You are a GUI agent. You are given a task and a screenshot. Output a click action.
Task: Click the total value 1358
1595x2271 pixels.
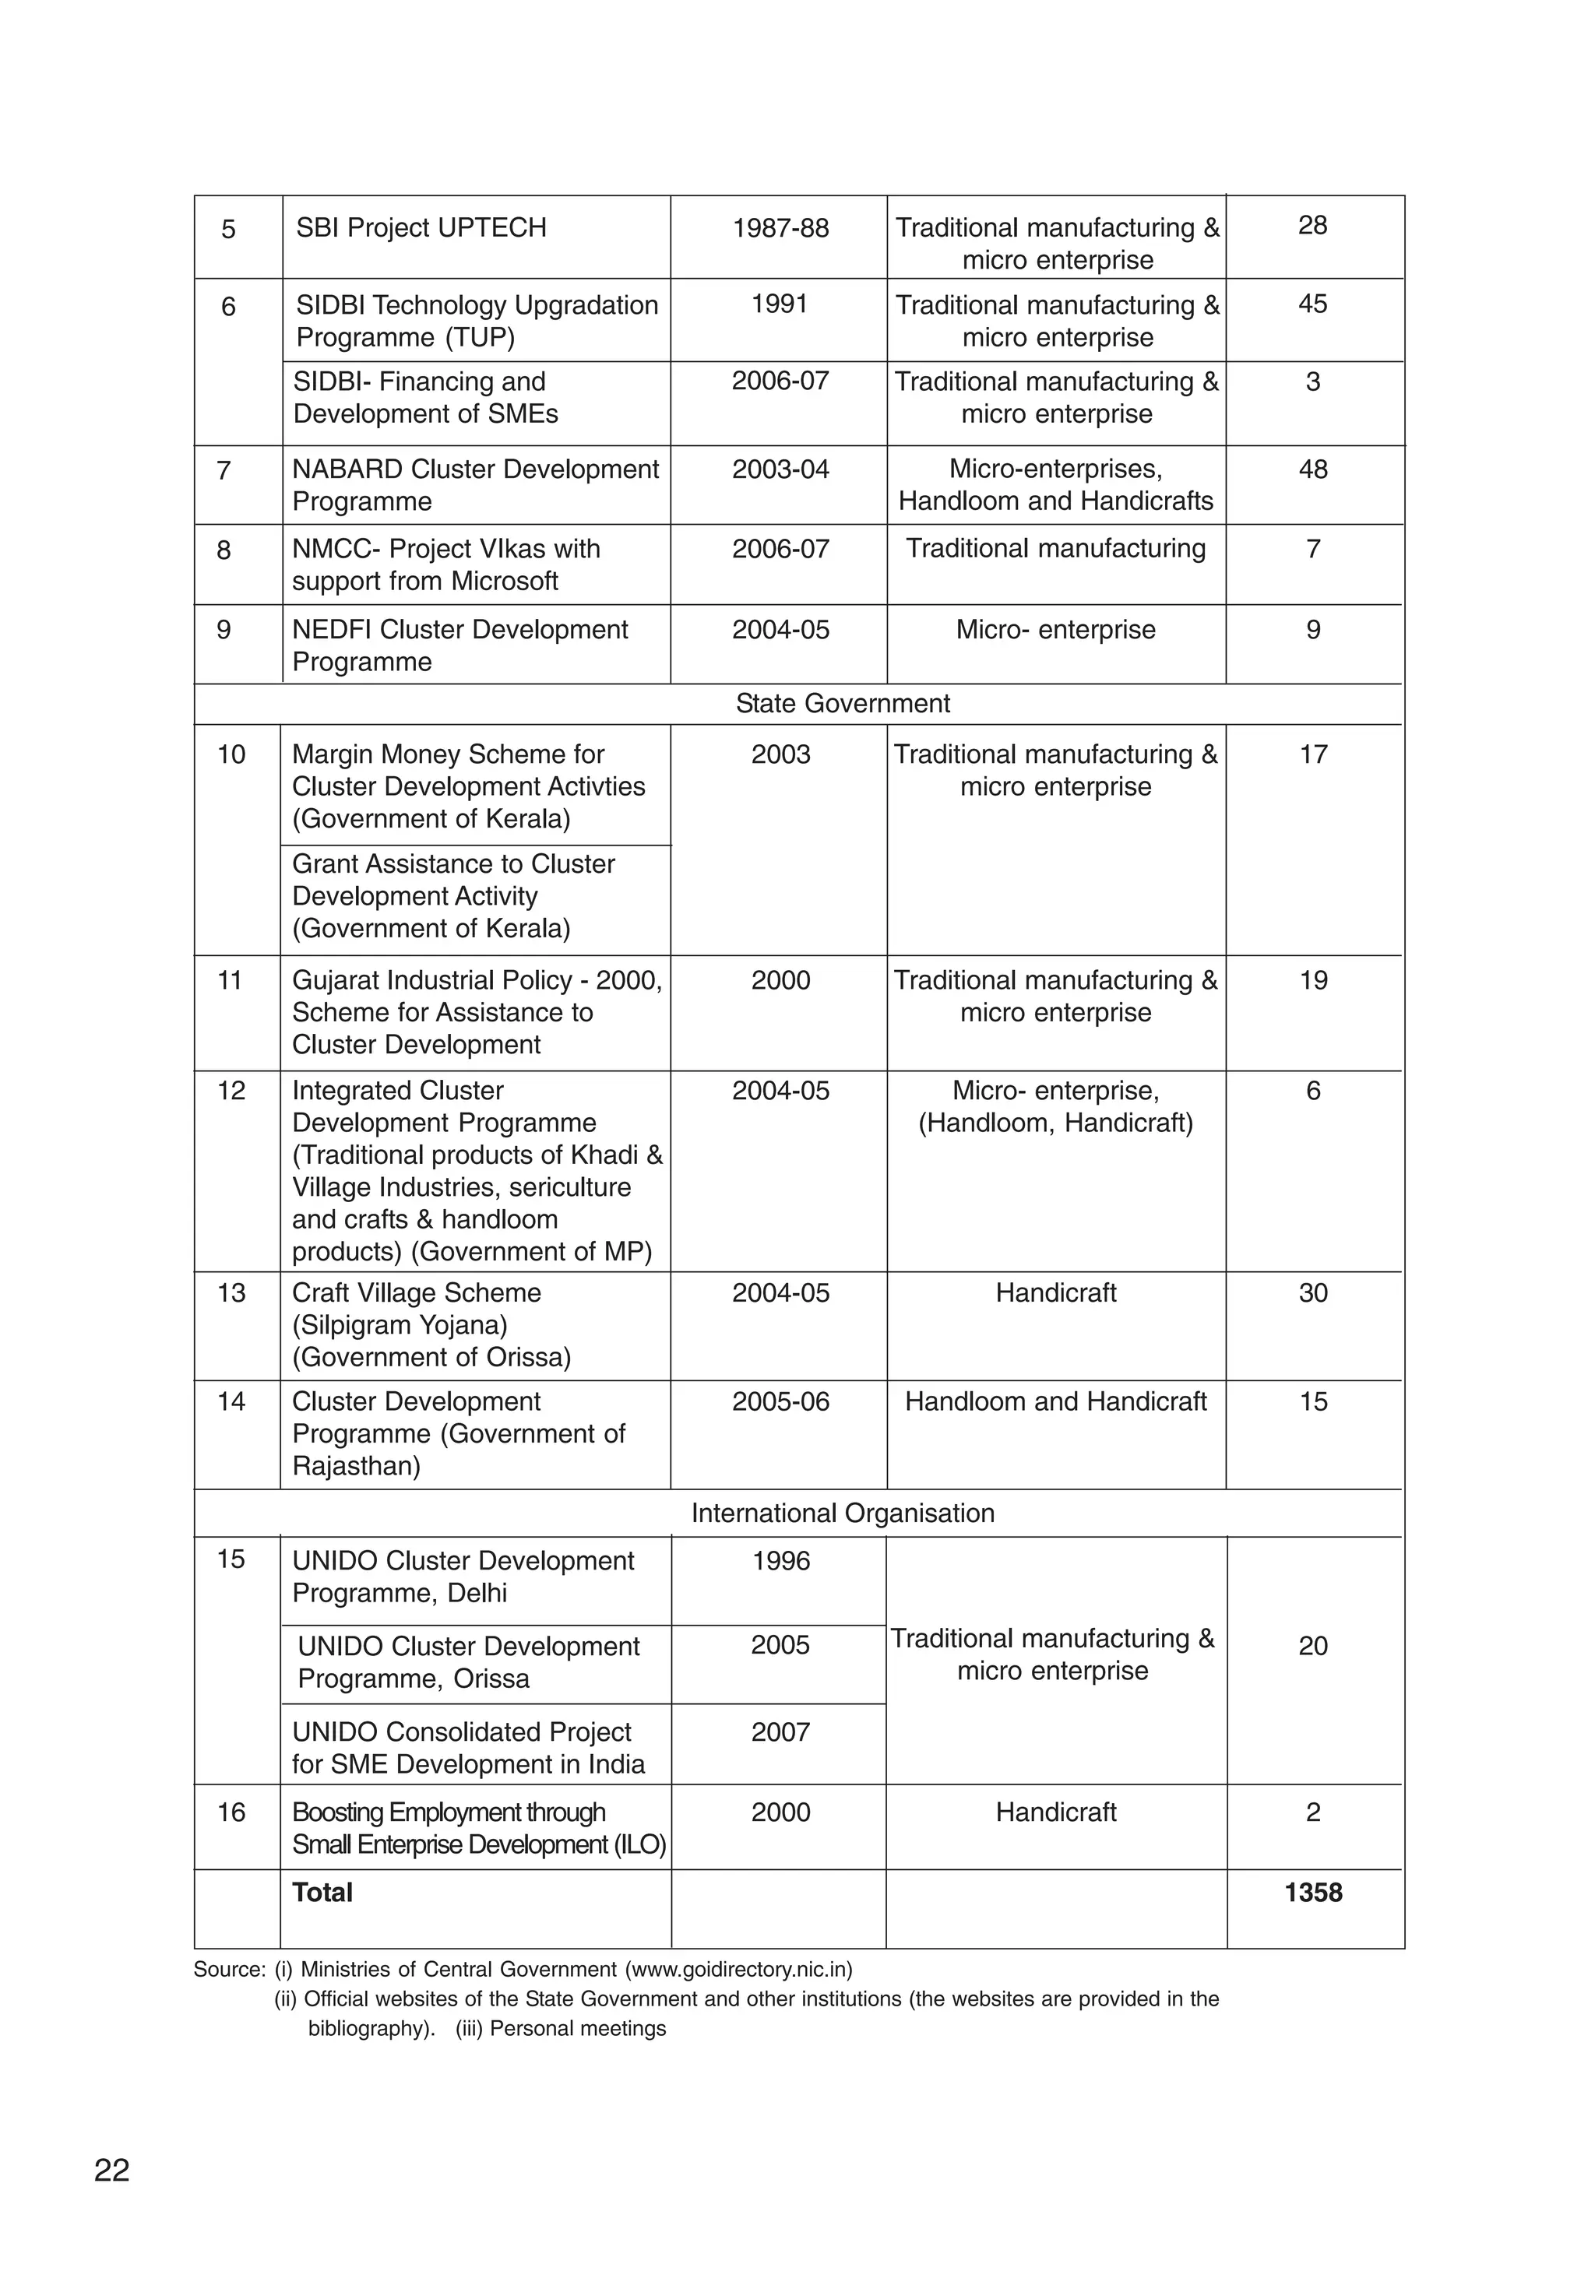pyautogui.click(x=1312, y=1892)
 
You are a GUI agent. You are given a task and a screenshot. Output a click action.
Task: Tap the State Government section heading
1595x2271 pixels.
pyautogui.click(x=842, y=703)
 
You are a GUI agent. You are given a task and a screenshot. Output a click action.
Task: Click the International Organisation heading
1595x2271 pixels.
pyautogui.click(x=842, y=1513)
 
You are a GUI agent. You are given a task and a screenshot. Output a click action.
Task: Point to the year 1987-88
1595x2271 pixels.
pyautogui.click(x=780, y=228)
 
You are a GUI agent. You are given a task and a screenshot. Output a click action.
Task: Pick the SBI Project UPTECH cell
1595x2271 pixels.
pyautogui.click(x=421, y=228)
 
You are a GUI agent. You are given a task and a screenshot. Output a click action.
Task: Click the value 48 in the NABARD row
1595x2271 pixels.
pyautogui.click(x=1312, y=469)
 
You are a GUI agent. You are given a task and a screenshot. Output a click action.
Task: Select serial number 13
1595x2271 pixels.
pyautogui.click(x=231, y=1294)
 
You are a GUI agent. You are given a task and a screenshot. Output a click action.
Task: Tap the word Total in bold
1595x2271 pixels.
pyautogui.click(x=322, y=1892)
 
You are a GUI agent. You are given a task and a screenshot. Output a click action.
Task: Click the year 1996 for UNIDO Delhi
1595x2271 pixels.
pyautogui.click(x=780, y=1561)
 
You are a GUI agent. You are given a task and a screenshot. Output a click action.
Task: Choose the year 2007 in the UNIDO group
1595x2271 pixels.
pyautogui.click(x=780, y=1732)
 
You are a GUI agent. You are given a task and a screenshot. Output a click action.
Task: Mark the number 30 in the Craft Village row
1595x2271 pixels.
pyautogui.click(x=1312, y=1294)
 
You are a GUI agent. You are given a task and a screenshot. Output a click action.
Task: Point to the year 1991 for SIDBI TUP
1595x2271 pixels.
pyautogui.click(x=780, y=304)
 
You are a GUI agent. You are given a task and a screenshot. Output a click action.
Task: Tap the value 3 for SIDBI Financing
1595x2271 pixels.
pyautogui.click(x=1312, y=381)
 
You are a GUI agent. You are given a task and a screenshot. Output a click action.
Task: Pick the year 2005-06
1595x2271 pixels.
pyautogui.click(x=780, y=1401)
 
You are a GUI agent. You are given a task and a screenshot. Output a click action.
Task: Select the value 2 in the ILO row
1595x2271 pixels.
pyautogui.click(x=1312, y=1812)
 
